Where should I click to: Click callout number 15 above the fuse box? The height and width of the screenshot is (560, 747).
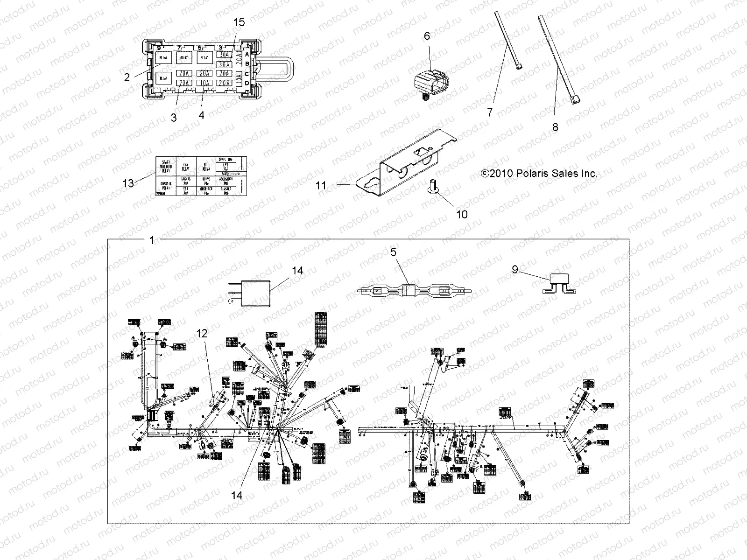click(239, 22)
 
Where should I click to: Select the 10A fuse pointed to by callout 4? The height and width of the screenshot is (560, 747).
click(204, 83)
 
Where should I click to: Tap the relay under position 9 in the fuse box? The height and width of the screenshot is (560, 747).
click(164, 58)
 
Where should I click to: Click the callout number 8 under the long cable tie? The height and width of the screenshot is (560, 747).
click(555, 127)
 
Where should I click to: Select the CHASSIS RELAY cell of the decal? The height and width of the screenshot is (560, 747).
click(165, 186)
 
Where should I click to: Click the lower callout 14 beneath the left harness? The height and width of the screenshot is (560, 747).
click(237, 495)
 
